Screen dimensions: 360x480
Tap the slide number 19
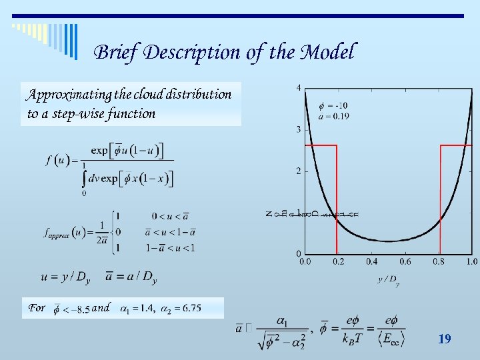tap(444, 339)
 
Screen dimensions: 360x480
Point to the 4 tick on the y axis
tap(298, 87)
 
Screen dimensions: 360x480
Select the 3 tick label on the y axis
tap(298, 129)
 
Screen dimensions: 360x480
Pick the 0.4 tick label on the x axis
tap(371, 262)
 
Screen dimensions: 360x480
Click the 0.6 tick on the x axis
tap(405, 262)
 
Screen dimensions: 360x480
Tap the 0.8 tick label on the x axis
tap(438, 262)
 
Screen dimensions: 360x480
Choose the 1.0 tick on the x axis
tap(471, 262)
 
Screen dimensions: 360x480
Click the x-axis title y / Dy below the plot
tap(389, 281)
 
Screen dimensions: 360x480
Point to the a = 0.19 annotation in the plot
tap(334, 116)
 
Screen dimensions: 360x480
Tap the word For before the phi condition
tap(37, 308)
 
